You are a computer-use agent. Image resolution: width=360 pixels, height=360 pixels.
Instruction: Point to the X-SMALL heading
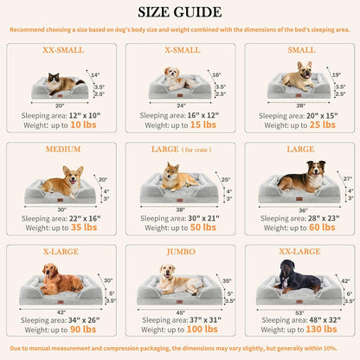pos(179,50)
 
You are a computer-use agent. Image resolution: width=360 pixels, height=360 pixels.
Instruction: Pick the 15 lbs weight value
pos(203,125)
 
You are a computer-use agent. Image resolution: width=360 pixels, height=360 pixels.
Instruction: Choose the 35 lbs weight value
pos(83,228)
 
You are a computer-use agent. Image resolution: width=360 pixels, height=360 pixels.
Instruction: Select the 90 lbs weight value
pos(83,330)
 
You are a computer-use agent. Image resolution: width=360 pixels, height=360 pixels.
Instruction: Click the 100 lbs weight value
pos(205,330)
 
